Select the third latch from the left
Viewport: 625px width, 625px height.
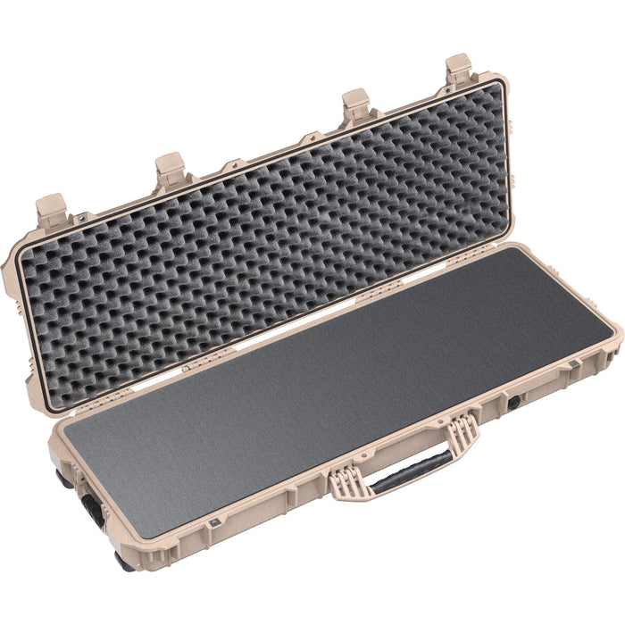click(x=355, y=105)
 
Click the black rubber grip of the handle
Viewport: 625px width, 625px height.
click(x=411, y=470)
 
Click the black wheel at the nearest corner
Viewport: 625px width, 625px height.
click(x=121, y=562)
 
